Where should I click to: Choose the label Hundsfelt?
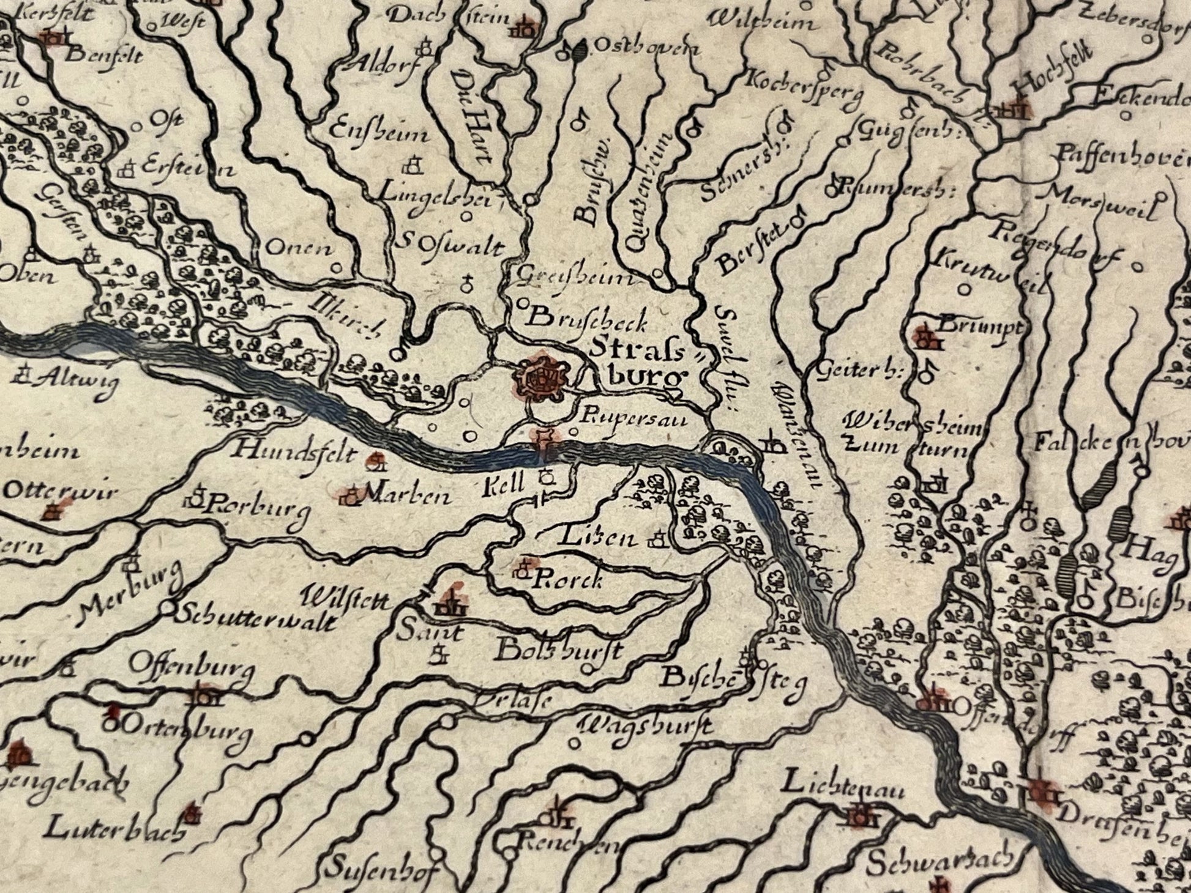click(295, 453)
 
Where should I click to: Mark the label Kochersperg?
click(804, 89)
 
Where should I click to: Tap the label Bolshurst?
click(558, 650)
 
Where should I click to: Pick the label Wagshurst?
click(646, 726)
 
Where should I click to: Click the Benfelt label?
click(106, 56)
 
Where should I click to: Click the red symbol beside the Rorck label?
click(524, 568)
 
